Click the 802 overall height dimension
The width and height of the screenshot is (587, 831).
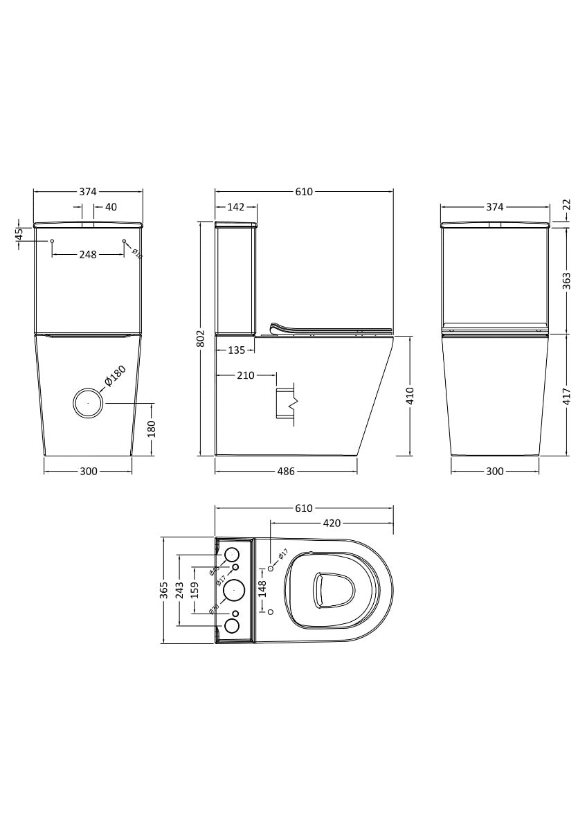point(201,338)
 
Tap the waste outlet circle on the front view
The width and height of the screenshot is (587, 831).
point(89,402)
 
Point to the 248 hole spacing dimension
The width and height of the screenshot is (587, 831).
point(87,255)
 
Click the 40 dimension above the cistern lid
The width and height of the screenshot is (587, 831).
point(111,206)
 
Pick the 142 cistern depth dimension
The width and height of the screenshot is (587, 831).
point(236,206)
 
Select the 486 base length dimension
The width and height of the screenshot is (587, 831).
point(286,471)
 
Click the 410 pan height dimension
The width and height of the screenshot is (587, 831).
point(410,395)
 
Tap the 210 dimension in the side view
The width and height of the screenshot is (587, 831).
point(246,375)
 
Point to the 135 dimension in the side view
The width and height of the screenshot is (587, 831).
point(237,350)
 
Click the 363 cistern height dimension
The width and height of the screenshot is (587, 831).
point(566,280)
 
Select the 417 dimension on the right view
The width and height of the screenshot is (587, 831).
point(566,395)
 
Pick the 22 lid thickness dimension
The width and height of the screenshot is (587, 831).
point(566,205)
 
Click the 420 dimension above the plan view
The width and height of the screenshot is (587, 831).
point(331,523)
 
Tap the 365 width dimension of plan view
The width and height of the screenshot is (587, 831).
point(163,590)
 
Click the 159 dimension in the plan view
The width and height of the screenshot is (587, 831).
point(195,590)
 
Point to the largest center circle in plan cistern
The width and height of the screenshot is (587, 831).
point(233,590)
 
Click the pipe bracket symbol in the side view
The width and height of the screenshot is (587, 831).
point(287,404)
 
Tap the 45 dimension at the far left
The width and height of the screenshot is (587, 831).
point(19,235)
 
